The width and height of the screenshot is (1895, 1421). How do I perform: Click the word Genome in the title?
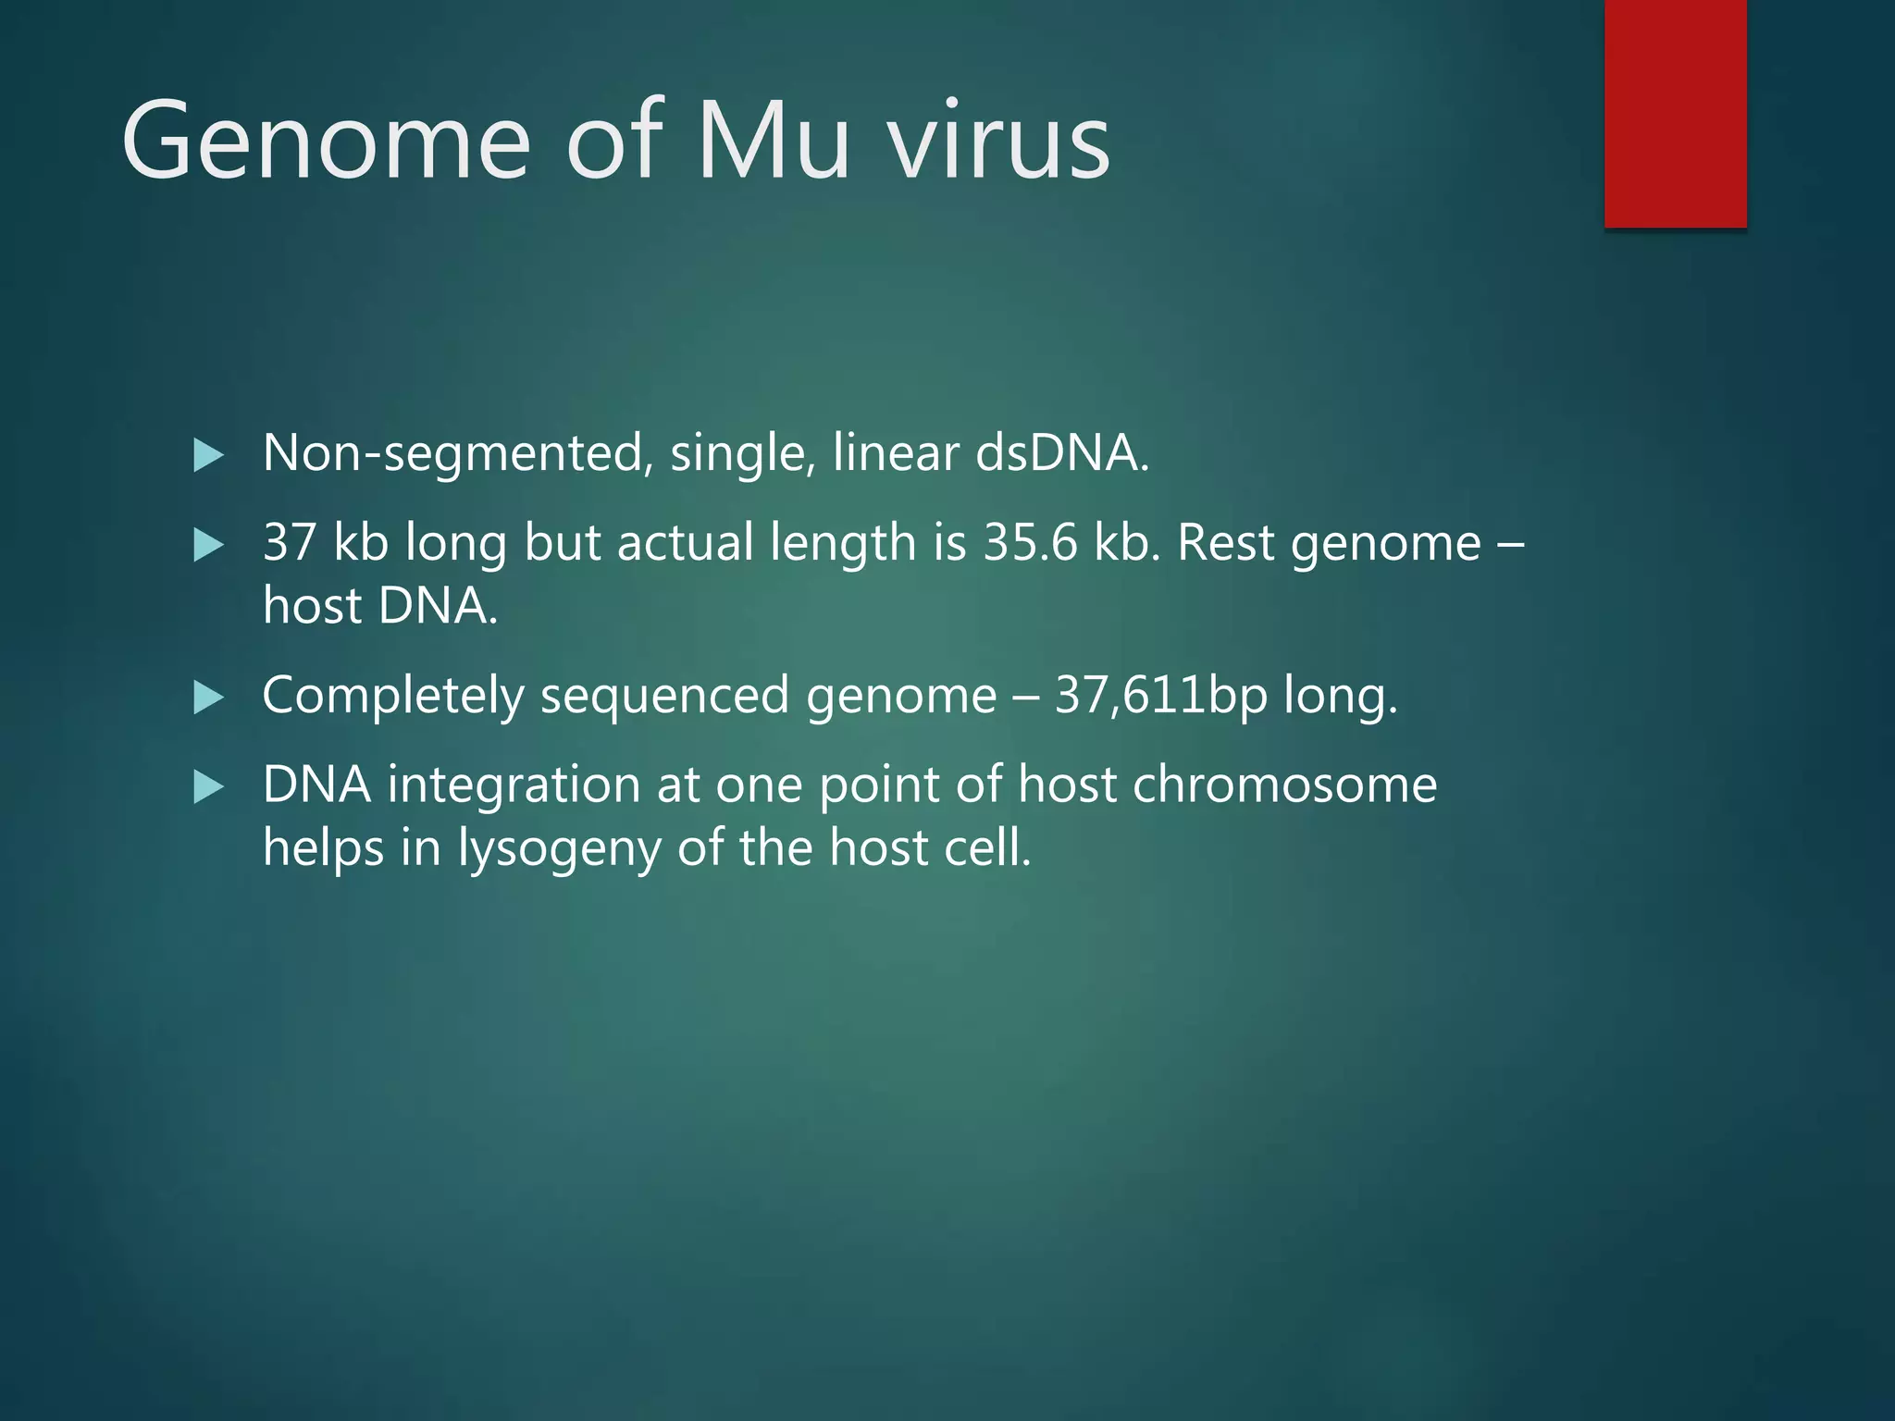pyautogui.click(x=326, y=141)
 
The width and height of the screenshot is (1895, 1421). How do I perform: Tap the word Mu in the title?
pyautogui.click(x=773, y=141)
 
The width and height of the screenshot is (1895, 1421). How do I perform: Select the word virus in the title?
pyautogui.click(x=999, y=141)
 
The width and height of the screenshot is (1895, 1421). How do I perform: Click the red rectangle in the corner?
pyautogui.click(x=1675, y=113)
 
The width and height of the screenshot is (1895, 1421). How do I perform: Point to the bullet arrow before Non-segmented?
pyautogui.click(x=208, y=455)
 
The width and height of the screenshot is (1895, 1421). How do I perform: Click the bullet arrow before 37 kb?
pyautogui.click(x=208, y=545)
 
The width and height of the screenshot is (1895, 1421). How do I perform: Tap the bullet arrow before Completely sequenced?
pyautogui.click(x=208, y=698)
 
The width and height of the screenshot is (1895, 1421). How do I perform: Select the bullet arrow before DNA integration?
pyautogui.click(x=208, y=787)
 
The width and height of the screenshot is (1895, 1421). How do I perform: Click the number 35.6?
pyautogui.click(x=1030, y=543)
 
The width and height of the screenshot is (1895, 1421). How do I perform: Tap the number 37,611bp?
pyautogui.click(x=1160, y=696)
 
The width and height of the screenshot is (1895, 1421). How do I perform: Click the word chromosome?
pyautogui.click(x=1284, y=785)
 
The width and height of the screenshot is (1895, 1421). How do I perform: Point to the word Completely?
pyautogui.click(x=393, y=696)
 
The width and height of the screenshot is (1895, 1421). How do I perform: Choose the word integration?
pyautogui.click(x=514, y=785)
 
